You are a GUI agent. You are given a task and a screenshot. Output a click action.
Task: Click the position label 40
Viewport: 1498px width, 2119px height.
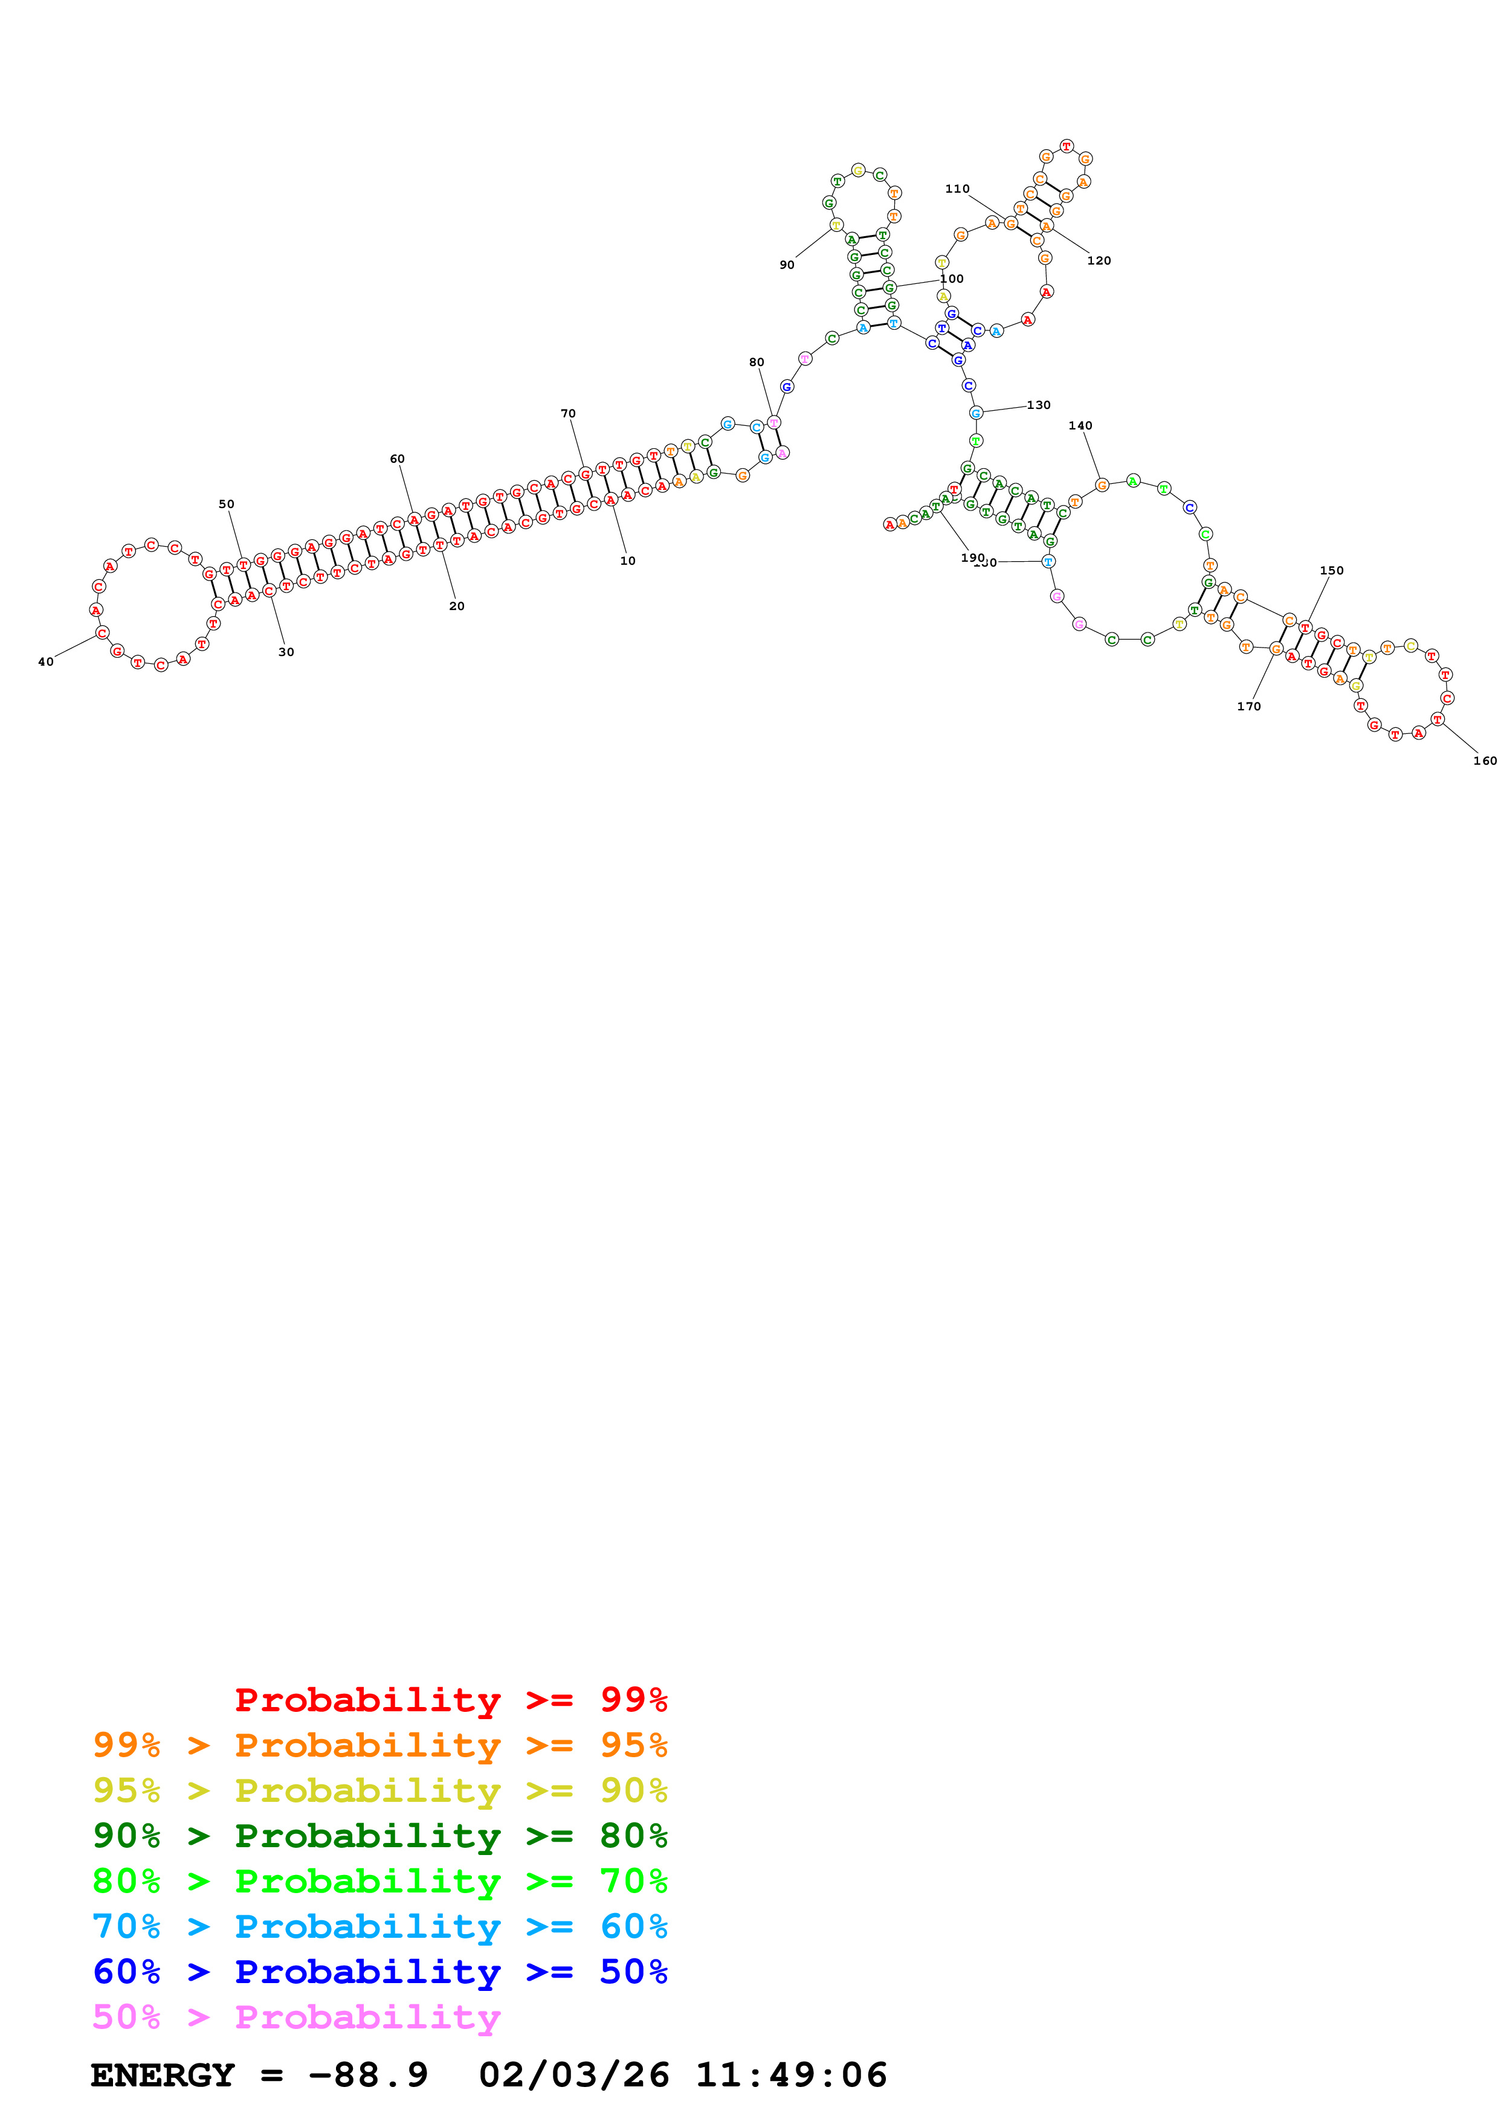pyautogui.click(x=45, y=661)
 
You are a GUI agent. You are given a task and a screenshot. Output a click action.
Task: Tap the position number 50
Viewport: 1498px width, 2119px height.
pyautogui.click(x=226, y=504)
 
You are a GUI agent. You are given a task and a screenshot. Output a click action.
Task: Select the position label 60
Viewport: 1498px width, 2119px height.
pyautogui.click(x=397, y=458)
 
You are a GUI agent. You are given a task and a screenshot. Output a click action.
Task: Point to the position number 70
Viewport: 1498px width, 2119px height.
pyautogui.click(x=567, y=413)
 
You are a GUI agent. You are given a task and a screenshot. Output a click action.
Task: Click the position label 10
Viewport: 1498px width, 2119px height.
pyautogui.click(x=628, y=560)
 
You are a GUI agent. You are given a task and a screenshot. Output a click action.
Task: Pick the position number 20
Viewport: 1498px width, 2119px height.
pyautogui.click(x=457, y=605)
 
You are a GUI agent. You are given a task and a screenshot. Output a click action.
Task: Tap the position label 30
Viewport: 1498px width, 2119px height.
pyautogui.click(x=286, y=652)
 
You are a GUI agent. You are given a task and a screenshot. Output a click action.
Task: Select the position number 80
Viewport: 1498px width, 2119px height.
pyautogui.click(x=757, y=362)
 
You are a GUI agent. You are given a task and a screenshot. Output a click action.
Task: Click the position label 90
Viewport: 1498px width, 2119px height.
pyautogui.click(x=786, y=265)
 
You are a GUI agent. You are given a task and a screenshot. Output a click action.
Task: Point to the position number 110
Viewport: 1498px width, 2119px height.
pyautogui.click(x=957, y=188)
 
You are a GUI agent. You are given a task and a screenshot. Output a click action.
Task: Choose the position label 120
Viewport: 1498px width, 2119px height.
pyautogui.click(x=1099, y=260)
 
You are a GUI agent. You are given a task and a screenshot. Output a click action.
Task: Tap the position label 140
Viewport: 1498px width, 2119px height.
pyautogui.click(x=1080, y=425)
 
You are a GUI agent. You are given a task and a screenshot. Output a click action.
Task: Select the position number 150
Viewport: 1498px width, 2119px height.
pyautogui.click(x=1331, y=570)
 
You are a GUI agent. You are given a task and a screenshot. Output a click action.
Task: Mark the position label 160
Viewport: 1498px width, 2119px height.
pyautogui.click(x=1484, y=760)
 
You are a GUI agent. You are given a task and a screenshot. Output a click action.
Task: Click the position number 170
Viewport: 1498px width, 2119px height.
pyautogui.click(x=1248, y=706)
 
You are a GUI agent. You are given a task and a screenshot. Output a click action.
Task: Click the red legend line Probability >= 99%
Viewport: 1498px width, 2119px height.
pyautogui.click(x=450, y=1699)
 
